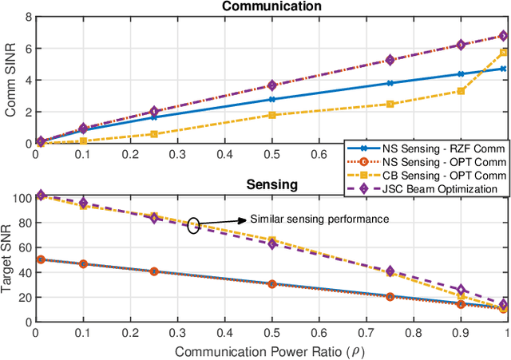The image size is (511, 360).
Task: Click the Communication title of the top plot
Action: click(271, 6)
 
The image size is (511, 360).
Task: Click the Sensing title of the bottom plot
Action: click(271, 184)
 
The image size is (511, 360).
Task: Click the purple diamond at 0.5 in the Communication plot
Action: click(271, 85)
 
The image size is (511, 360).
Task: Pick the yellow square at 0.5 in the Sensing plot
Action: click(271, 239)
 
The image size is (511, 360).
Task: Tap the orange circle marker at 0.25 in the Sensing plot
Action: click(153, 271)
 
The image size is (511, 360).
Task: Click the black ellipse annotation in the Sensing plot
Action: click(193, 226)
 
